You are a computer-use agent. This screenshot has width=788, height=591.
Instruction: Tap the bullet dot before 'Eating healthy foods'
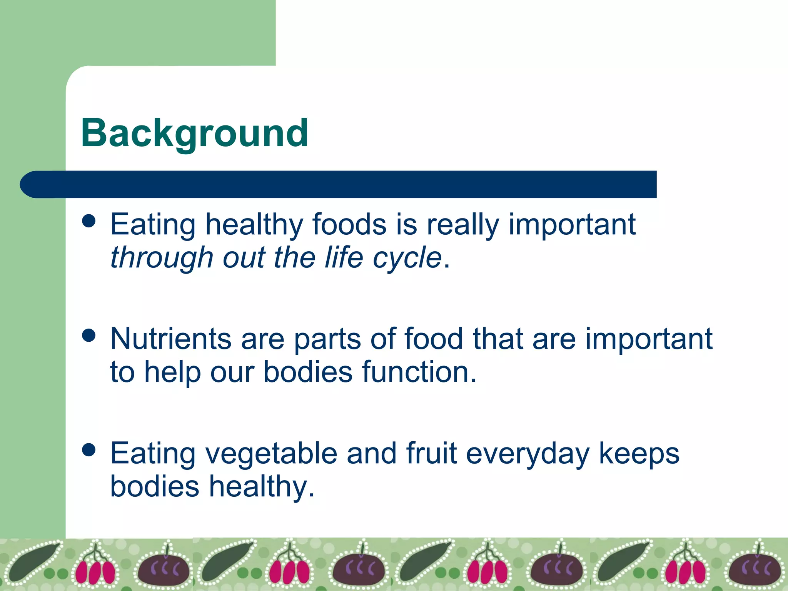pyautogui.click(x=89, y=221)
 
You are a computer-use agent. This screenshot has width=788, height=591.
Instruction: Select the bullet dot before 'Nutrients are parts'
pyautogui.click(x=89, y=335)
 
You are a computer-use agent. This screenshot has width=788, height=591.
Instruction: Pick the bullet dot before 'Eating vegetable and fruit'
pyautogui.click(x=89, y=449)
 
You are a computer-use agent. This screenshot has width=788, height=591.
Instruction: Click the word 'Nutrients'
pyautogui.click(x=170, y=339)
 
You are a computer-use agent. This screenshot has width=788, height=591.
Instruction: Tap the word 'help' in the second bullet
pyautogui.click(x=172, y=372)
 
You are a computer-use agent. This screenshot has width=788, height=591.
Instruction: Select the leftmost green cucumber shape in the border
pyautogui.click(x=33, y=562)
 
